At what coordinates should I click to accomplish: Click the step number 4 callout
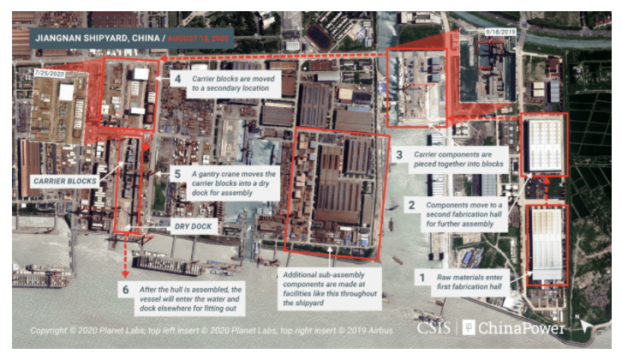pyautogui.click(x=178, y=80)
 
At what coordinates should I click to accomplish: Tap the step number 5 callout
pyautogui.click(x=178, y=172)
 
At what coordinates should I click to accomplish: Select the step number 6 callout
pyautogui.click(x=126, y=290)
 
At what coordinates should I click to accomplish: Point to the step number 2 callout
pyautogui.click(x=412, y=206)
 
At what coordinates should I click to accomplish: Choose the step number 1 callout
pyautogui.click(x=420, y=277)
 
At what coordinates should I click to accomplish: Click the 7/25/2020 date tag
pyautogui.click(x=48, y=75)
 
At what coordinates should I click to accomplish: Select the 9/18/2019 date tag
pyautogui.click(x=499, y=32)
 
